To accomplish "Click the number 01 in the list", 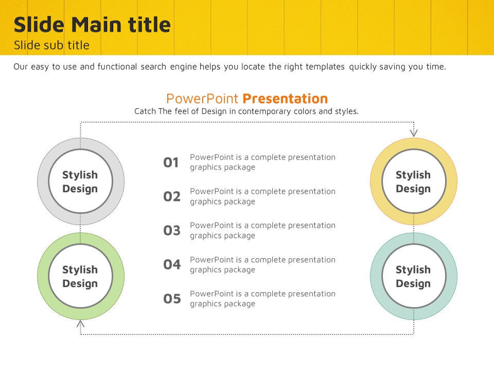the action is [171, 162].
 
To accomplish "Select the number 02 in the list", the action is [172, 196].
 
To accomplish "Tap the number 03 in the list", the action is [172, 231].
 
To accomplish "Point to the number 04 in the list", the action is [172, 265].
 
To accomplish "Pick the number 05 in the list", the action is [172, 299].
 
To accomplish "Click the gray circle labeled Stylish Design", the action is [43, 181].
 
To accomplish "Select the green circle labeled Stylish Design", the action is [43, 276].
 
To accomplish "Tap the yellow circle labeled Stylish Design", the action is [377, 181].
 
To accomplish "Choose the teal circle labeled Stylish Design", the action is [377, 276].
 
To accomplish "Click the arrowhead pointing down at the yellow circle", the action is [414, 133].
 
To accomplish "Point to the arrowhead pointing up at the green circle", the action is [80, 324].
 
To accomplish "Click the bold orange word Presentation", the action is [285, 99].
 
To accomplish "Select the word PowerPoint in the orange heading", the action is [202, 99].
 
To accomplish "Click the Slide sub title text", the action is [51, 45].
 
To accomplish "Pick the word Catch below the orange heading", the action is [145, 111].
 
